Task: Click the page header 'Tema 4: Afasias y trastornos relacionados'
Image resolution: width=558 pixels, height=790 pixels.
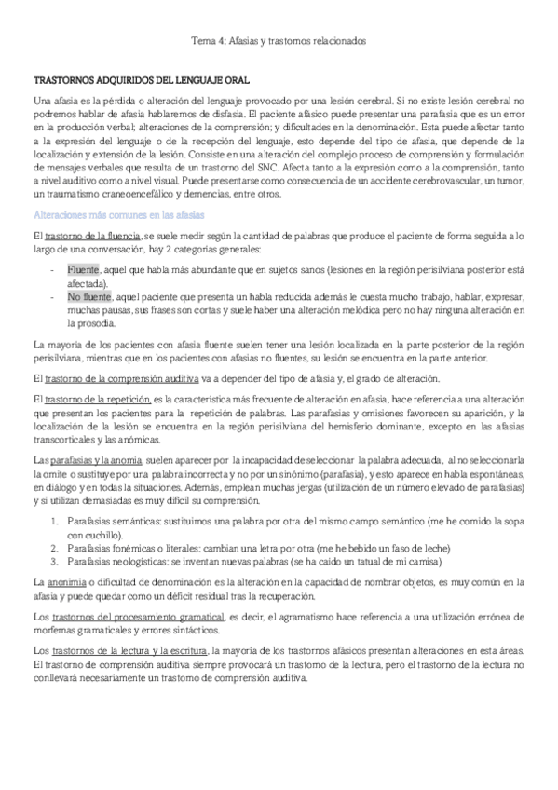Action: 279,41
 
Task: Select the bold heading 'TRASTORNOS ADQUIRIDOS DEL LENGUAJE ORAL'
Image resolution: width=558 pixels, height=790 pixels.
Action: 141,81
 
